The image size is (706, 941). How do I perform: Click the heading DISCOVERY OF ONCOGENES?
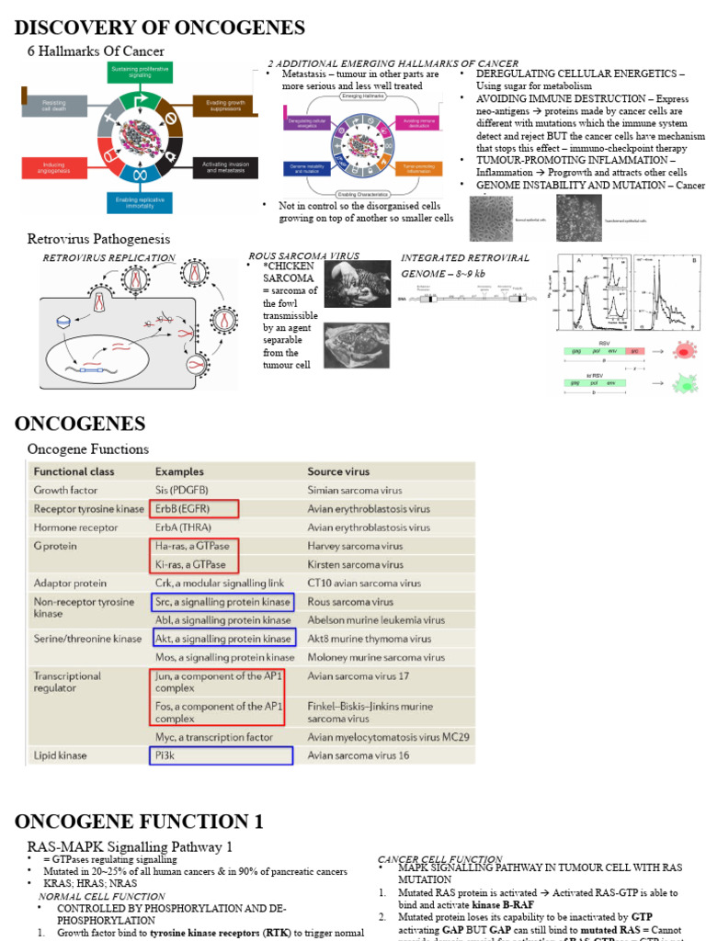click(x=160, y=27)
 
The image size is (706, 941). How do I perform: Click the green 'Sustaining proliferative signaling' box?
click(x=140, y=73)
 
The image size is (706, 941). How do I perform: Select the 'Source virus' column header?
click(x=339, y=471)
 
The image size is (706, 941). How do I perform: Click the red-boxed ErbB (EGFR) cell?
click(x=194, y=508)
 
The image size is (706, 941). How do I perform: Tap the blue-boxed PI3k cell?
click(x=222, y=755)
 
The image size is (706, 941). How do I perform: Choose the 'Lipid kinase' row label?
click(x=61, y=755)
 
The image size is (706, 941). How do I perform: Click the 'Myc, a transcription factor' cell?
click(x=214, y=737)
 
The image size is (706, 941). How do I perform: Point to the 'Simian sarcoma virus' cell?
click(x=354, y=490)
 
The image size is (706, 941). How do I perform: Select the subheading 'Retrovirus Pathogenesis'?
click(x=98, y=239)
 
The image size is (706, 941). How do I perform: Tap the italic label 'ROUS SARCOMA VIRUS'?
click(x=304, y=255)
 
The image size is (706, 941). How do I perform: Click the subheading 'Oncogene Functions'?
click(x=88, y=449)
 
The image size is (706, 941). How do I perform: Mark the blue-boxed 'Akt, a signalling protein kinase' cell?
click(x=222, y=639)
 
